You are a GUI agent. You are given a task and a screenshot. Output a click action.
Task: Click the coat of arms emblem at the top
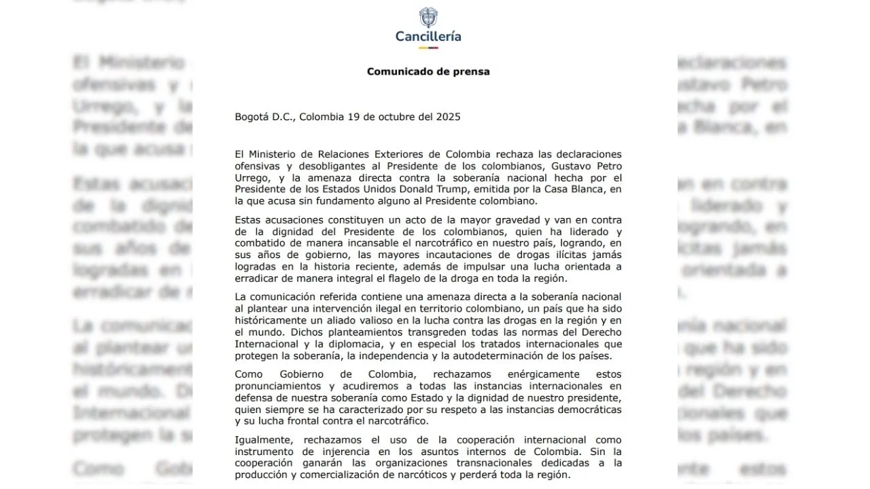click(x=428, y=18)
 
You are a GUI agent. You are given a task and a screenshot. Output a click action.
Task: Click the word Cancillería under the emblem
click(x=428, y=37)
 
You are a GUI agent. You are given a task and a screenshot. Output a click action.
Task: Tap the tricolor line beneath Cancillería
click(x=428, y=48)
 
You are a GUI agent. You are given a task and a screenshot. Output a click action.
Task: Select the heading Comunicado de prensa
click(x=428, y=71)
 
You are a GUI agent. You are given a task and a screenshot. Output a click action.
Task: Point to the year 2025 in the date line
click(x=447, y=117)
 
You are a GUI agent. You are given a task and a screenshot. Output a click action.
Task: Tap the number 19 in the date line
click(x=353, y=117)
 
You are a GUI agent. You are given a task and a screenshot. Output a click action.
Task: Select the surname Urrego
click(x=253, y=177)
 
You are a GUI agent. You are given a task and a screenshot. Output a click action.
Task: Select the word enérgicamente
click(x=515, y=375)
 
